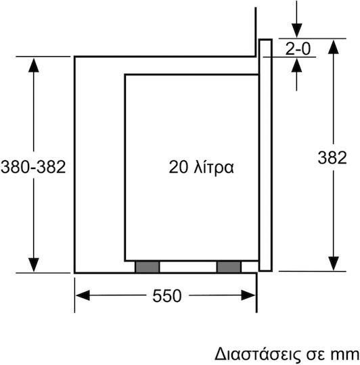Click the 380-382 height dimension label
33,167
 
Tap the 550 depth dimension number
167,295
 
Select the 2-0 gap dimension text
298,49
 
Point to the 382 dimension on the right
332,157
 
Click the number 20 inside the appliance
178,167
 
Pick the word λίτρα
214,167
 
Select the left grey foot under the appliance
148,267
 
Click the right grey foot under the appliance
229,267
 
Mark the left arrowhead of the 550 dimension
83,295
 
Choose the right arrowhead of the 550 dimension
248,295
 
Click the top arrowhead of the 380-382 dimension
34,65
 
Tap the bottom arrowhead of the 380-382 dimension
34,265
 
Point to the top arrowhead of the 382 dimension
333,47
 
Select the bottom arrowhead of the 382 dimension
333,264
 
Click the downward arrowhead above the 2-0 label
296,30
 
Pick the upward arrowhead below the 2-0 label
296,65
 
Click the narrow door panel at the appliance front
266,155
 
